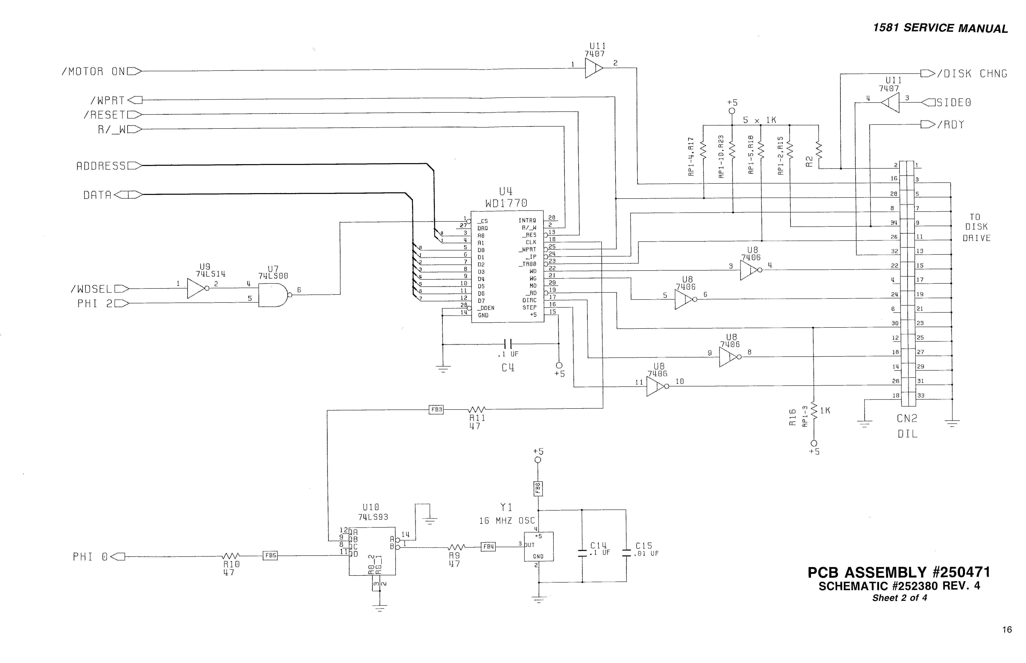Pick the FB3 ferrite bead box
coord(436,409)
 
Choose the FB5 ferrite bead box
coord(270,555)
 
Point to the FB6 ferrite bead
coord(538,488)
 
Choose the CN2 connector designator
coord(907,418)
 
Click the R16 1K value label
coord(825,411)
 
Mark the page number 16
coord(1007,629)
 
